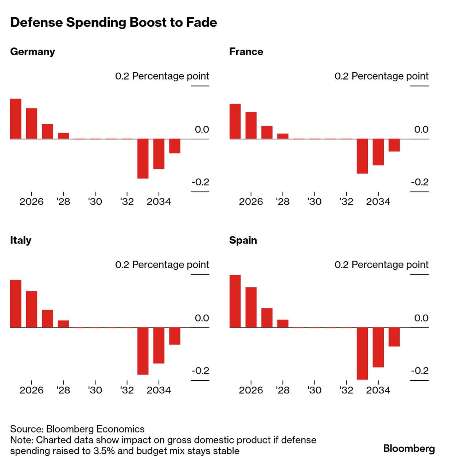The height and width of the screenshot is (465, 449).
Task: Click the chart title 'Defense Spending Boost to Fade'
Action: coord(113,23)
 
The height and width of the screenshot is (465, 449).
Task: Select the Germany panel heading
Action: coord(32,52)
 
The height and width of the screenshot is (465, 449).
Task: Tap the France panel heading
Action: coord(246,52)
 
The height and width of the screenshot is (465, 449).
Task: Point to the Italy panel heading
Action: coord(21,241)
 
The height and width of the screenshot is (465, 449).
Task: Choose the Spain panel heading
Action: coord(243,241)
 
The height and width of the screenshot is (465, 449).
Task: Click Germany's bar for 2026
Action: coord(32,123)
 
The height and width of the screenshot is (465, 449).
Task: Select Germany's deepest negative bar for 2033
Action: coord(143,159)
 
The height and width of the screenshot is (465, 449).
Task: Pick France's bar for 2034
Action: coord(378,152)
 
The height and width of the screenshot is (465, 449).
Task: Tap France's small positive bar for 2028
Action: coord(283,136)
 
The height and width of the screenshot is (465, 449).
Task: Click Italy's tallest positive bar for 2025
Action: coord(16,304)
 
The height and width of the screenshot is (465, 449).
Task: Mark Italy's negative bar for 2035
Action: coord(175,336)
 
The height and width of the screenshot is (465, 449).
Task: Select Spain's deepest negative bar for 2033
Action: coord(362,354)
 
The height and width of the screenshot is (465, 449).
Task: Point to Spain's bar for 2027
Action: coord(267,318)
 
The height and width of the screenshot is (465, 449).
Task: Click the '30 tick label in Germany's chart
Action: coord(95,202)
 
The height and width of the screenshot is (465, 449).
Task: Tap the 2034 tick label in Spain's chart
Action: coord(378,391)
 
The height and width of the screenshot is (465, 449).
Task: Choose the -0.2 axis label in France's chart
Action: coord(419,182)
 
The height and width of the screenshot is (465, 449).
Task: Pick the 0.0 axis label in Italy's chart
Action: coord(202,318)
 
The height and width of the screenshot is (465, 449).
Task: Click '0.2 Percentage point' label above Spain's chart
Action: coord(381,265)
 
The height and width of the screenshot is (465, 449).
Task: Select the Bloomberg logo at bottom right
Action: coord(409,449)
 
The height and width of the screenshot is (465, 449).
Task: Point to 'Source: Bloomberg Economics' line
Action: coord(77,429)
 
